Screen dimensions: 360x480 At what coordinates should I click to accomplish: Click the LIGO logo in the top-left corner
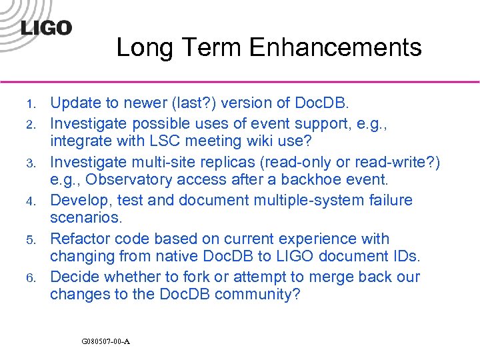(46, 28)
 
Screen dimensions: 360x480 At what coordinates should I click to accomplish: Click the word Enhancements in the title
(335, 47)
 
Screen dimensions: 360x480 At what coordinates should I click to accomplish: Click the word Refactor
(79, 239)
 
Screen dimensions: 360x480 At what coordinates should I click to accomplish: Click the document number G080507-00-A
(105, 341)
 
